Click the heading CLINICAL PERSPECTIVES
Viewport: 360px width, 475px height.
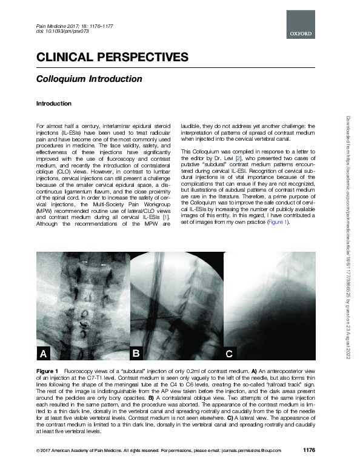tap(112, 58)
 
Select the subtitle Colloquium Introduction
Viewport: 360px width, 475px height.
tap(89, 79)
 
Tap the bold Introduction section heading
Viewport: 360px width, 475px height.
tap(54, 104)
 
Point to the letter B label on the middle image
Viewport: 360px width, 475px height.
tap(137, 352)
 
